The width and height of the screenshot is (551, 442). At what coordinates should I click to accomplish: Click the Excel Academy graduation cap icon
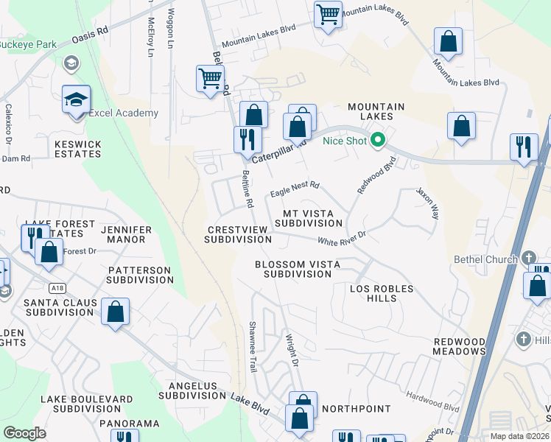[76, 99]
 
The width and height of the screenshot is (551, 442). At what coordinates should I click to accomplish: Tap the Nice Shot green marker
[379, 139]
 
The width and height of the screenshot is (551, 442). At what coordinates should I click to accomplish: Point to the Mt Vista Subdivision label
[303, 218]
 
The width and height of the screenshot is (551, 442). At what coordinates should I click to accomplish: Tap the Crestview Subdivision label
[233, 234]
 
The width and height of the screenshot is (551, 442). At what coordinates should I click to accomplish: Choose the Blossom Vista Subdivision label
[293, 269]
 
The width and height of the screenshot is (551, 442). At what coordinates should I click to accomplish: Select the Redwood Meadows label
[459, 347]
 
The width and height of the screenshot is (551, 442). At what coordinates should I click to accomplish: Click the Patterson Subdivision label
[138, 275]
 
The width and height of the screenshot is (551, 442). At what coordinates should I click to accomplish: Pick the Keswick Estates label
[77, 150]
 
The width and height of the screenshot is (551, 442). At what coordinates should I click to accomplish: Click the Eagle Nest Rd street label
[295, 189]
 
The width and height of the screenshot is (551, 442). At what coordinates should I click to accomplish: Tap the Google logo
[24, 433]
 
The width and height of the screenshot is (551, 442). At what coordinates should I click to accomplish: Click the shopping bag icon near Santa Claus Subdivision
[116, 312]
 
